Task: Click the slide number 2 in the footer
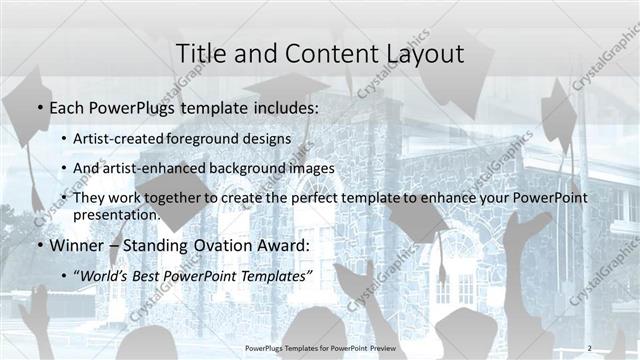tap(589, 348)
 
